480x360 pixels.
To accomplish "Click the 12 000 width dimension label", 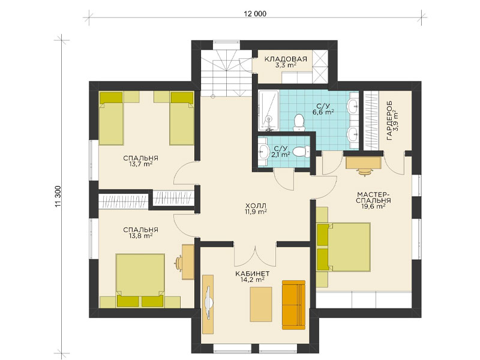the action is coord(255,13).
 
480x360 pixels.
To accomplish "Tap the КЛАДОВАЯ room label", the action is coord(286,59).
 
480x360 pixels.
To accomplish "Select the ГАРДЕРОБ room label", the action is coord(389,121).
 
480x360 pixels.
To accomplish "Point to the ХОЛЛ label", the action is coord(256,205).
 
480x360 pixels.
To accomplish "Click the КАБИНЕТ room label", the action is coord(252,274).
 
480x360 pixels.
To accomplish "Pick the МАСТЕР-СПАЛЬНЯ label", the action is coord(373,197).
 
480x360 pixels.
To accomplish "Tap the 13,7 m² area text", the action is coord(140,164).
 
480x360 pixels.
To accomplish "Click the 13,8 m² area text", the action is coord(140,236).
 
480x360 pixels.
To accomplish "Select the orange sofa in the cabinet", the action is coord(293,305).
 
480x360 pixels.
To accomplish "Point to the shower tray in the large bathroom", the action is coord(268,110).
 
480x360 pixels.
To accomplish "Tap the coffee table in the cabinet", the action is coord(261,304).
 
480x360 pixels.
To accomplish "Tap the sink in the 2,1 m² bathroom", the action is coord(263,151).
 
